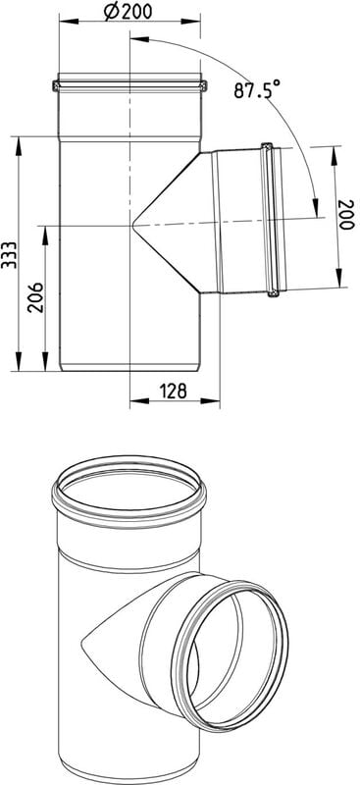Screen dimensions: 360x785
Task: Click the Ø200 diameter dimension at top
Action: [129, 11]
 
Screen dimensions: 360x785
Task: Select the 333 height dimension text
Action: [9, 255]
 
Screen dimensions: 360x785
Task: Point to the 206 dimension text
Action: [35, 297]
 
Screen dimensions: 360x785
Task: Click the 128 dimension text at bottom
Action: [174, 391]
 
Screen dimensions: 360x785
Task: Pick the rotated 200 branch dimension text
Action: [346, 215]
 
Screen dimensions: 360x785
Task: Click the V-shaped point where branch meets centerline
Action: [133, 227]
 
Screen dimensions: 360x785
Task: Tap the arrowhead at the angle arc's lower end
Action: [316, 208]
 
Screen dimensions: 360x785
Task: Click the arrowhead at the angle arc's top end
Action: [139, 38]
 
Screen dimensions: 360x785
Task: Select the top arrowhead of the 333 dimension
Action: [19, 145]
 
